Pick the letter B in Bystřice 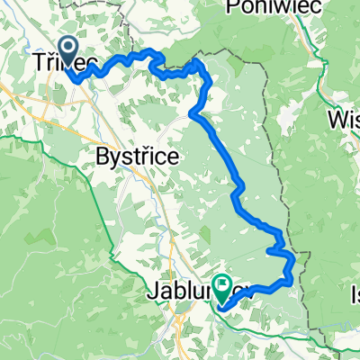point(102,157)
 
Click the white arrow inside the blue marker point(69,45)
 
